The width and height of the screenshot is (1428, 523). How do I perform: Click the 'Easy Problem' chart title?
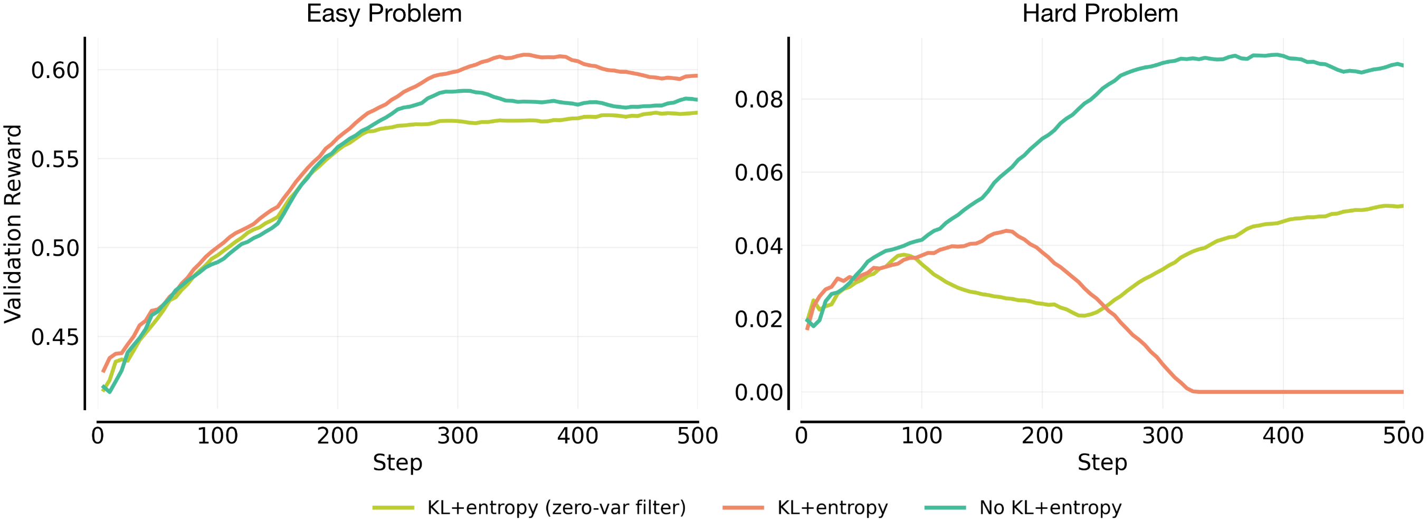pyautogui.click(x=384, y=13)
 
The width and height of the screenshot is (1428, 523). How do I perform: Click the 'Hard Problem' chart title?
pyautogui.click(x=1100, y=13)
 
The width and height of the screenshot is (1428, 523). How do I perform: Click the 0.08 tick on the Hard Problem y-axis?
pyautogui.click(x=758, y=100)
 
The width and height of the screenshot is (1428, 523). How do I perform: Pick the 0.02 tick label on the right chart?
pyautogui.click(x=758, y=319)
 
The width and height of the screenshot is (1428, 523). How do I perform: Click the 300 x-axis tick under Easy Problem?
pyautogui.click(x=458, y=436)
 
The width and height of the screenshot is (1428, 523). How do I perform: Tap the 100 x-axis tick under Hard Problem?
pyautogui.click(x=921, y=436)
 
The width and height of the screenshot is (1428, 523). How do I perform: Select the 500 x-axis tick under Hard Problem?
pyautogui.click(x=1403, y=436)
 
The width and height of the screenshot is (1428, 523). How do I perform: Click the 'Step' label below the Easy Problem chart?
pyautogui.click(x=397, y=462)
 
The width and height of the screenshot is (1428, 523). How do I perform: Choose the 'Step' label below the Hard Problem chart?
pyautogui.click(x=1101, y=462)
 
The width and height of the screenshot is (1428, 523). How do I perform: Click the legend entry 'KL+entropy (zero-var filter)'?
pyautogui.click(x=556, y=508)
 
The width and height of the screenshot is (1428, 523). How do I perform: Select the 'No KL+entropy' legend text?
pyautogui.click(x=1050, y=508)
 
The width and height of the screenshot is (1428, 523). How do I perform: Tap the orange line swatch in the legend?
pyautogui.click(x=743, y=508)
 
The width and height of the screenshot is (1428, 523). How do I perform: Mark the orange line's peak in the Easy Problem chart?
pyautogui.click(x=525, y=54)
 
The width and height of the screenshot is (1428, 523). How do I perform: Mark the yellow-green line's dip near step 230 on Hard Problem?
pyautogui.click(x=1081, y=316)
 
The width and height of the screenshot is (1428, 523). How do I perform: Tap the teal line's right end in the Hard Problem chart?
pyautogui.click(x=1402, y=65)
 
